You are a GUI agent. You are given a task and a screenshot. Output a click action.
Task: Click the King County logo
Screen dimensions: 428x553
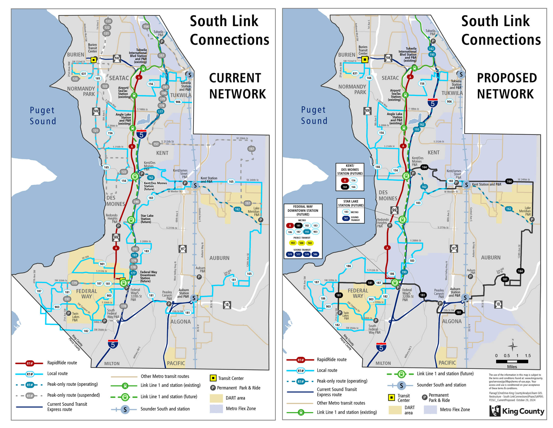click(x=517, y=411)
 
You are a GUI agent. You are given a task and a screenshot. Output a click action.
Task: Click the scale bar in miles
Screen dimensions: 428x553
click(x=512, y=361)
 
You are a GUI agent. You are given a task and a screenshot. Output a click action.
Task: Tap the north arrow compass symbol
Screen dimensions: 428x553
click(x=512, y=346)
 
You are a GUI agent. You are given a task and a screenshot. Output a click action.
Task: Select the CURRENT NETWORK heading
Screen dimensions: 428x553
click(x=237, y=86)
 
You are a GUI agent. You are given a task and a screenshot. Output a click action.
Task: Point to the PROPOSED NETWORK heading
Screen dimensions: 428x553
click(x=507, y=86)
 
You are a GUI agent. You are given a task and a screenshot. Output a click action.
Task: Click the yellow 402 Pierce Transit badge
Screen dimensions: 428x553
click(x=292, y=243)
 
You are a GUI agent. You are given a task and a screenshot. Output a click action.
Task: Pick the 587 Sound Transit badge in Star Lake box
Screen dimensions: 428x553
click(x=346, y=218)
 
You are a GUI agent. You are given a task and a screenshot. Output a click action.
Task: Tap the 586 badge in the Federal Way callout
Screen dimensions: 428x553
click(x=315, y=254)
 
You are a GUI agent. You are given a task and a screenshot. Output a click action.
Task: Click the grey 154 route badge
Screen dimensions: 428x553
click(x=146, y=26)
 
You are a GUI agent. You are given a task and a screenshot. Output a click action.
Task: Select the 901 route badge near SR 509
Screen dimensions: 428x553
click(x=102, y=264)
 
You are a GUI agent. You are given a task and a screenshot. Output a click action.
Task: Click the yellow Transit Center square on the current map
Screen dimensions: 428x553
click(x=93, y=60)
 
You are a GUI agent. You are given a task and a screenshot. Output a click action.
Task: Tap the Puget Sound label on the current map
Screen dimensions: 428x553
click(x=43, y=116)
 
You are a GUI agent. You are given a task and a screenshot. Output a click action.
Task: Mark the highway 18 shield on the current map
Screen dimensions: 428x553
click(x=227, y=305)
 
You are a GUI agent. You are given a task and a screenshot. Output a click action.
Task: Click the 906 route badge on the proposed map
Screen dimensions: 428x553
click(x=449, y=102)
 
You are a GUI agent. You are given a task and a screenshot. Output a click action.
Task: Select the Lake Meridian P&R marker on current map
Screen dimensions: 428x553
click(x=261, y=220)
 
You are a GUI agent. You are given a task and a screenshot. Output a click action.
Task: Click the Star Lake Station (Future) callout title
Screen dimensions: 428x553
click(x=351, y=203)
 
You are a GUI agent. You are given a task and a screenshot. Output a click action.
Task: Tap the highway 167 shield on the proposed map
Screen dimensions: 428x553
click(x=454, y=248)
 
